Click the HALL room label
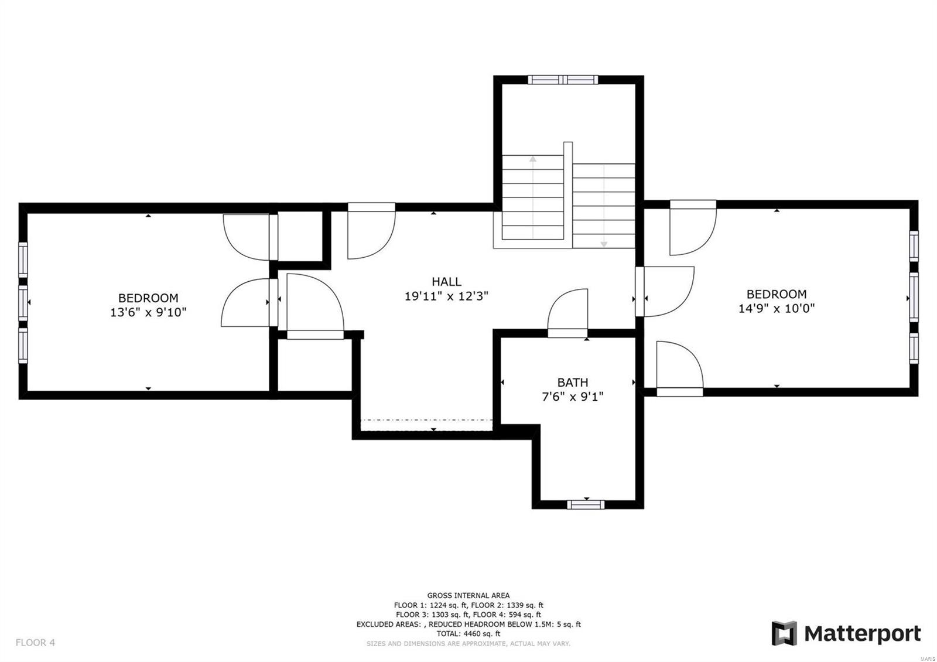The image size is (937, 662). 446,282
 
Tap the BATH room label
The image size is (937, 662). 572,383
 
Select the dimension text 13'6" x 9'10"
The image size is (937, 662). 148,312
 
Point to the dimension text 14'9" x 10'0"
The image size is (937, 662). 776,309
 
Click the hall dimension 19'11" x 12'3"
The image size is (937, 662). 446,296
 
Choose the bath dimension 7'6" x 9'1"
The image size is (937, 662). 572,397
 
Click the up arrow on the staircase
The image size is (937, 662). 533,159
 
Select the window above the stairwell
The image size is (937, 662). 563,80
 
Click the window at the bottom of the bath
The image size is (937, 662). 586,504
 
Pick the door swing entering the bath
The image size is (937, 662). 567,310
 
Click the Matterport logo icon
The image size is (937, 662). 784,633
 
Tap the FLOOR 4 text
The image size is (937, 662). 35,643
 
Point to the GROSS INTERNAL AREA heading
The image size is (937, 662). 468,595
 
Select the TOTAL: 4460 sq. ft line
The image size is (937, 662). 468,633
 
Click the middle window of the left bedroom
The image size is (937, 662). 23,302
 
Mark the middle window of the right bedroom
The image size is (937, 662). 913,297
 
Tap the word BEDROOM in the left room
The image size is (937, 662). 148,298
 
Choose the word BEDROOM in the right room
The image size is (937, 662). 776,294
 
